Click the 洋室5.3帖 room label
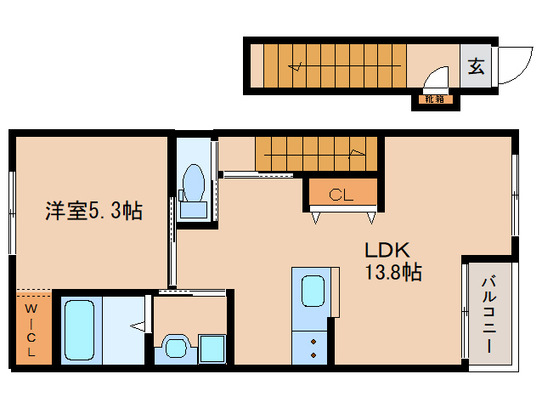click(93, 210)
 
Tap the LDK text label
click(387, 250)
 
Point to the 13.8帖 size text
click(393, 272)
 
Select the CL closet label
click(342, 195)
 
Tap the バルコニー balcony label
click(489, 314)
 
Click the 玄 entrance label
click(476, 65)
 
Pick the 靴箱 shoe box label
click(434, 99)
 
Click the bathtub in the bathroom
click(79, 330)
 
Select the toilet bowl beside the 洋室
click(194, 184)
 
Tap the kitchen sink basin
click(313, 292)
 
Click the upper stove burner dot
click(313, 342)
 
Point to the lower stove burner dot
click(313, 355)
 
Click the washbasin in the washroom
click(176, 348)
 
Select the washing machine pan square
click(212, 348)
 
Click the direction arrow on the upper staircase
click(295, 65)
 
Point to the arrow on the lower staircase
click(357, 154)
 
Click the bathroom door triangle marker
click(138, 326)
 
